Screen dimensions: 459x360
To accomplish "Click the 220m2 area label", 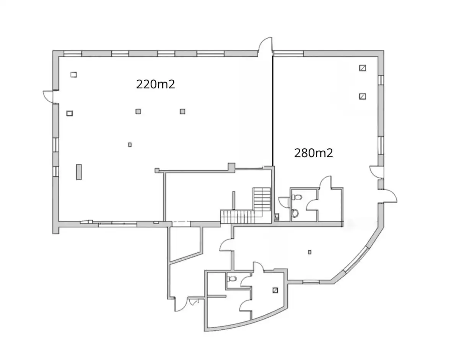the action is coord(155,84).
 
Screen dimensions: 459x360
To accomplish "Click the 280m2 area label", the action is coord(314,153).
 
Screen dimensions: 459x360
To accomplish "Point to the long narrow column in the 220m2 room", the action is coord(79,172).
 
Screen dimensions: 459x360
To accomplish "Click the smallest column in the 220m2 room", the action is coord(130,145).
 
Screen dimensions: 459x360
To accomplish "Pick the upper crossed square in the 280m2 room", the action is coord(363,68).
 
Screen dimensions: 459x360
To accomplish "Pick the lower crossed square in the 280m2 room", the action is coord(363,96).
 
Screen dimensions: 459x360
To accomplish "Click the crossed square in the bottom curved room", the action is coord(275,290).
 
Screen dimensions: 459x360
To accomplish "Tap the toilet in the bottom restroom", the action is coord(232,279).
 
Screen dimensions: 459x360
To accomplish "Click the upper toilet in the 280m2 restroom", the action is coord(297,197).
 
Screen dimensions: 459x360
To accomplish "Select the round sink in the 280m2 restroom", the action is coord(295,213).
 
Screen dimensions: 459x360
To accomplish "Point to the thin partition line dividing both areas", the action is coord(273,111).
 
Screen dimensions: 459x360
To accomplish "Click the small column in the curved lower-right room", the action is coord(309,252).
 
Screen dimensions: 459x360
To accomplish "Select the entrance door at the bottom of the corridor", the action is coord(182,304).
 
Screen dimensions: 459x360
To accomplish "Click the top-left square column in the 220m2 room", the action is coord(73,75).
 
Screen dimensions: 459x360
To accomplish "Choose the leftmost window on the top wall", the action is coord(73,54).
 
